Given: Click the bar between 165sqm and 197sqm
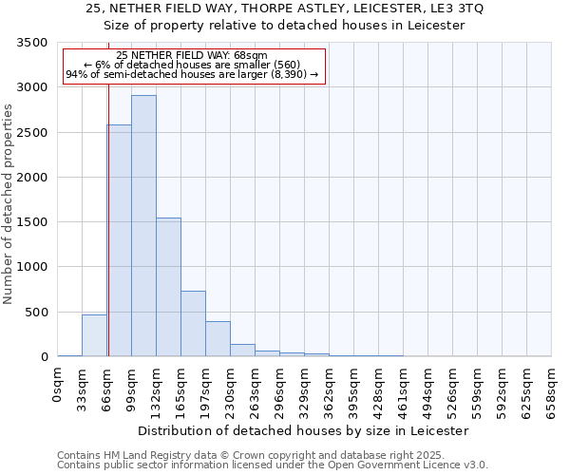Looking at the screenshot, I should pyautogui.click(x=193, y=323).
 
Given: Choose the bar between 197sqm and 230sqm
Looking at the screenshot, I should pyautogui.click(x=218, y=339).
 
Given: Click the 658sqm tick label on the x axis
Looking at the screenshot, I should pyautogui.click(x=552, y=388).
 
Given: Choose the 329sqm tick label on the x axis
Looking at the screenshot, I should pyautogui.click(x=305, y=388).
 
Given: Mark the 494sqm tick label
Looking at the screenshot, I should pyautogui.click(x=428, y=388).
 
